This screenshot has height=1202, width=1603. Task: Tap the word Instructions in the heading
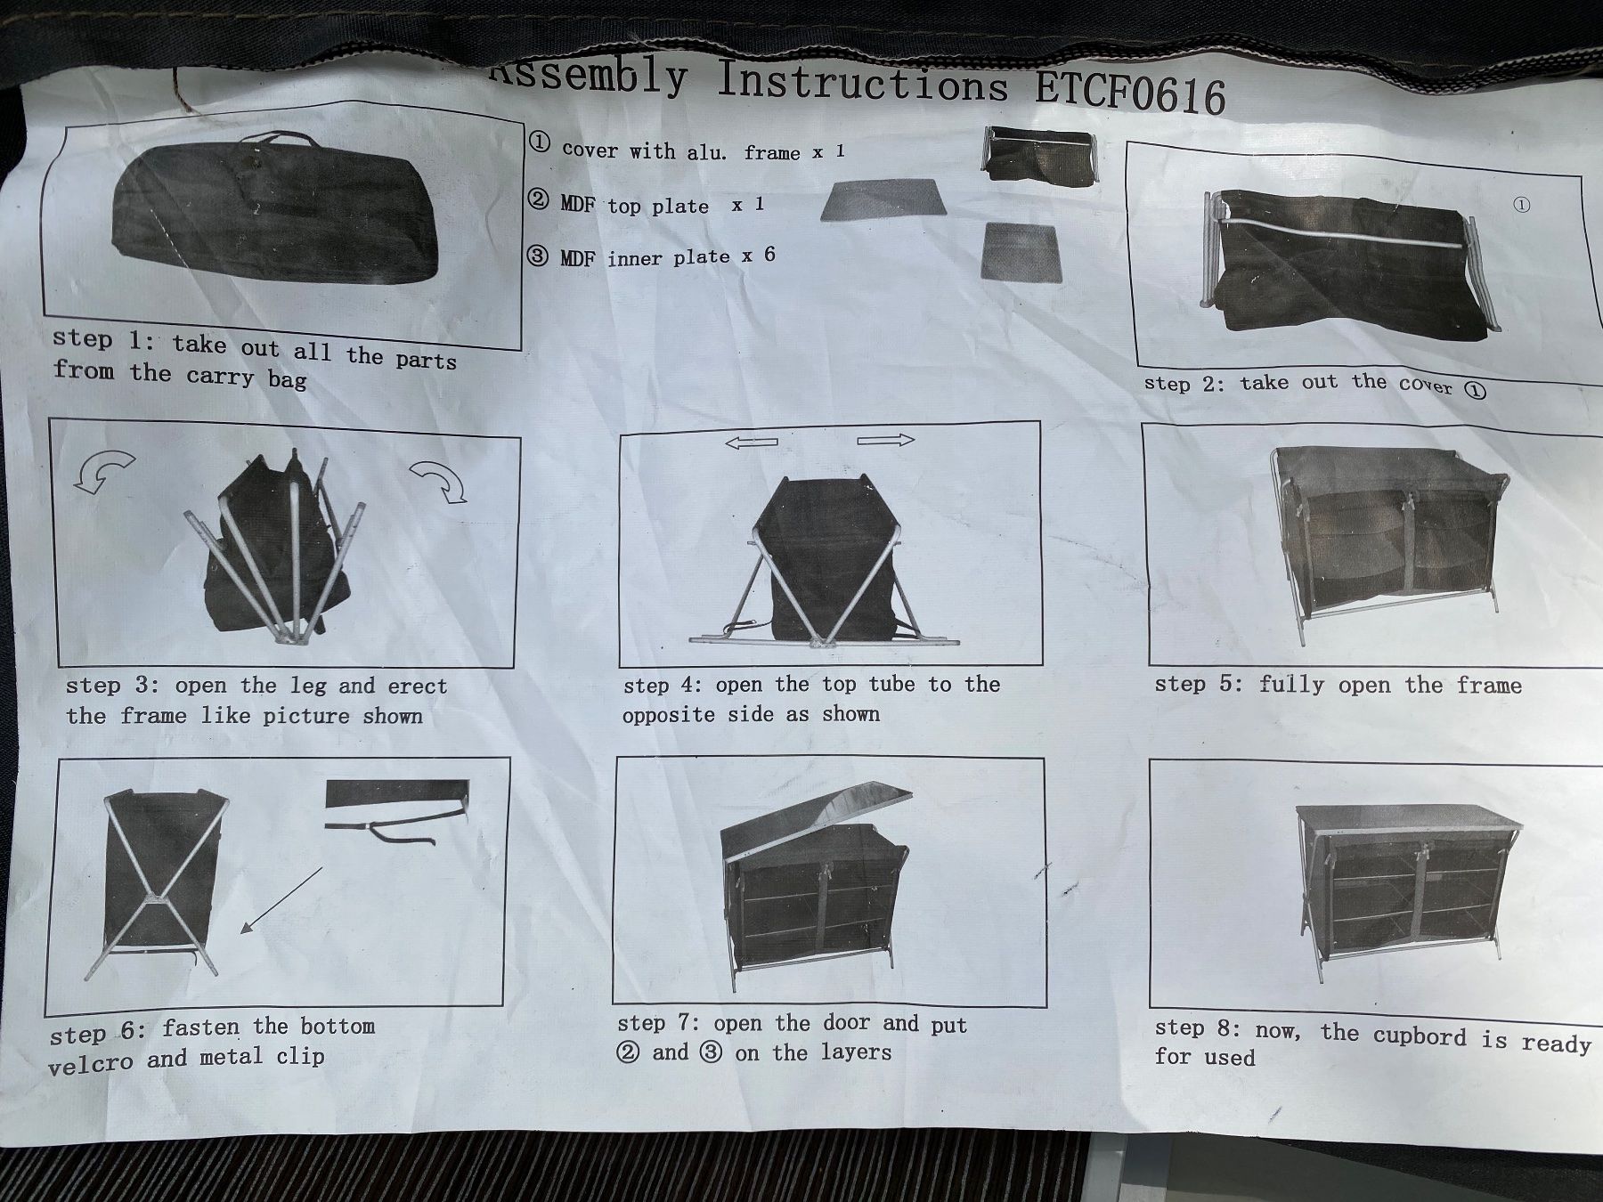[863, 83]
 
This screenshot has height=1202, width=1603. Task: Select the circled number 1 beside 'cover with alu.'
[540, 142]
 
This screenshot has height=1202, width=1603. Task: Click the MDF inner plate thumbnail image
[1021, 253]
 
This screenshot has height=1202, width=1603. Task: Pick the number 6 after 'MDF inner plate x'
[769, 255]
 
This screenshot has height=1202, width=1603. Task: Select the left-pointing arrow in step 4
[752, 443]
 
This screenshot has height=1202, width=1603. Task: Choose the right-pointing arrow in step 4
[886, 440]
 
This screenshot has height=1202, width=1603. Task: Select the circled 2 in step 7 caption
[628, 1052]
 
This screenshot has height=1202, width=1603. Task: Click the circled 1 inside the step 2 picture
[1522, 205]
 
